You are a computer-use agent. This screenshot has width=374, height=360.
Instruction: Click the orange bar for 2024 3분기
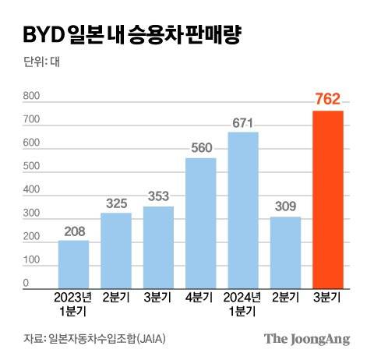(x=327, y=199)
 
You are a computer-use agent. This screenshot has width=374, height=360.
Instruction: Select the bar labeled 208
(x=73, y=264)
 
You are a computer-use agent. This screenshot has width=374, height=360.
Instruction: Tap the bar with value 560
(x=200, y=223)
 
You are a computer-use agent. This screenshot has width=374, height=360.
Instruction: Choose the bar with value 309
(x=285, y=252)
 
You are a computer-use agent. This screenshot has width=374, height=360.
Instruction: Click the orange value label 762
(x=327, y=100)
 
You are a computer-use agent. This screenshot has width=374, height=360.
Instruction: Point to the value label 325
(x=116, y=203)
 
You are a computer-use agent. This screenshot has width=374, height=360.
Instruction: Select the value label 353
(x=158, y=196)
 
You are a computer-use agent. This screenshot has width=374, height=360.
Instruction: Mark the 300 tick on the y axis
(x=31, y=214)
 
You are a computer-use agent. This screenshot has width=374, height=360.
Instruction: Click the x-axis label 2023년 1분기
(x=73, y=303)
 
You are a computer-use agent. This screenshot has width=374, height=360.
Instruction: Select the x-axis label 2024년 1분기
(x=243, y=303)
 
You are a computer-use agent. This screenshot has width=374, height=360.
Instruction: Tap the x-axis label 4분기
(x=200, y=298)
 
